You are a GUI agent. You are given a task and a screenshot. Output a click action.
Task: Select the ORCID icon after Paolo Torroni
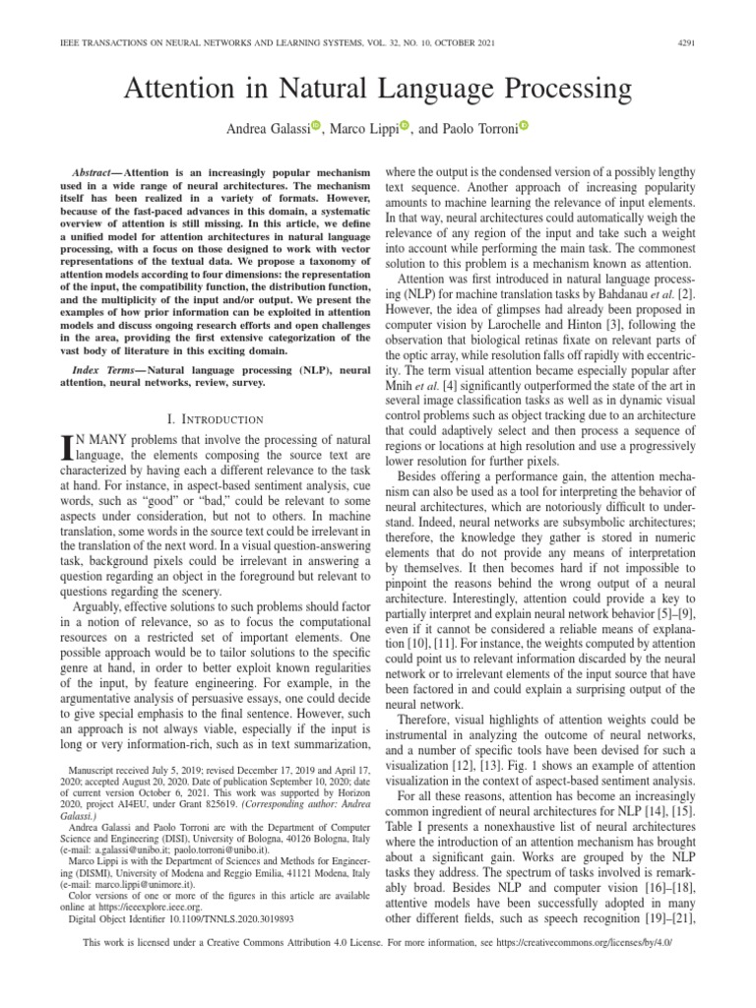pyautogui.click(x=523, y=126)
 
